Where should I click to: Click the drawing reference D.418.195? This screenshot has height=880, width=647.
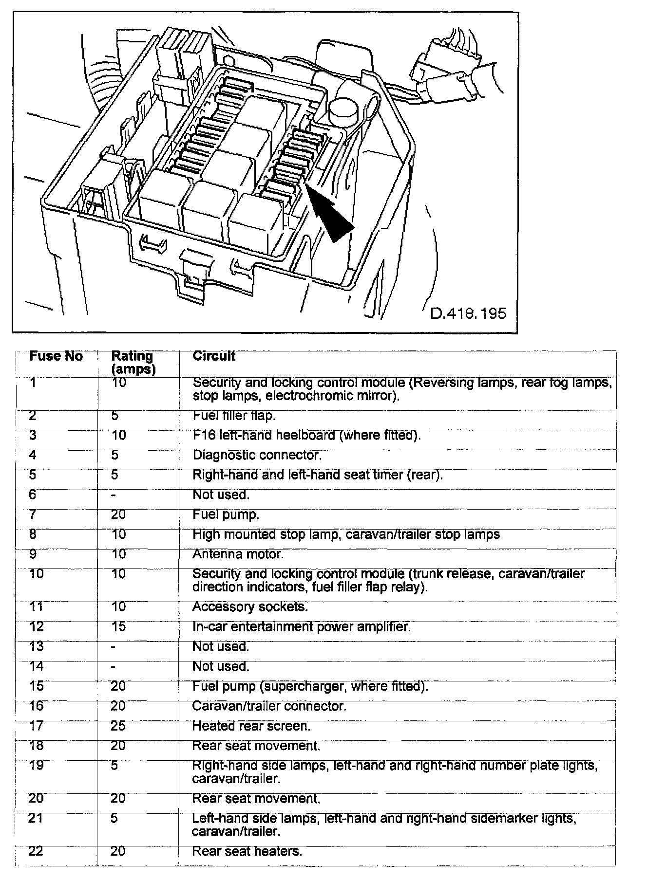(468, 312)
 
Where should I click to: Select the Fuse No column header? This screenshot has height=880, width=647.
(56, 356)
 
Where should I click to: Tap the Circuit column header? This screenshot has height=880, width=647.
(214, 356)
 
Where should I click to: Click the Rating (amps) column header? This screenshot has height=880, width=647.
(133, 363)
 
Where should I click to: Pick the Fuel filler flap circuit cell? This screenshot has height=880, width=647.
(234, 416)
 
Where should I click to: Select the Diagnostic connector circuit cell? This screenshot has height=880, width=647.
(257, 455)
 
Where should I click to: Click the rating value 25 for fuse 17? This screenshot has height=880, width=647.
(118, 726)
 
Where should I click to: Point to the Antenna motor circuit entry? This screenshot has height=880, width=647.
(238, 554)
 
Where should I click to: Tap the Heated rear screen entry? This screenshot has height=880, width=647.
(251, 726)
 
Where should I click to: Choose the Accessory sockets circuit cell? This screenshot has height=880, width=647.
(250, 607)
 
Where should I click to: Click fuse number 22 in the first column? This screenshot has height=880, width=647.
(36, 851)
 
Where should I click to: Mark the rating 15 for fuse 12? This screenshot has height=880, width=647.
(118, 626)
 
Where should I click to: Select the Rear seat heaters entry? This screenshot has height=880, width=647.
(247, 851)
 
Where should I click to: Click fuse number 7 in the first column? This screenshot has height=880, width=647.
(33, 514)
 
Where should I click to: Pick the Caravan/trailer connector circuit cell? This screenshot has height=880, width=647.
(269, 706)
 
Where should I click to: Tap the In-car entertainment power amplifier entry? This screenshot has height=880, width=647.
(302, 626)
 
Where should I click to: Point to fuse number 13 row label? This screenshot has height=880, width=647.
(36, 646)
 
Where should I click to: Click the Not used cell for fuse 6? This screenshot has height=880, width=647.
(221, 495)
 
